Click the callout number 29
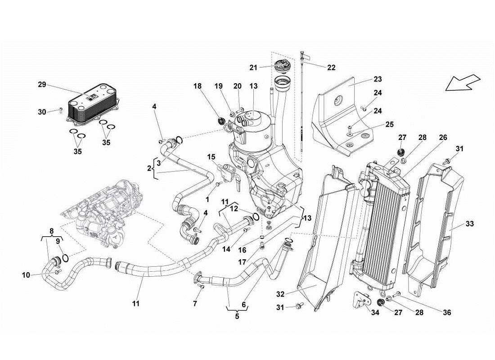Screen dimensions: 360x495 click(42, 85)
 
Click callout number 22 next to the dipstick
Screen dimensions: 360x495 click(331, 67)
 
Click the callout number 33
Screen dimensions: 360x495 click(469, 224)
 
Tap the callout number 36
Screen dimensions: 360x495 click(446, 312)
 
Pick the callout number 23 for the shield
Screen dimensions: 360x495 click(377, 79)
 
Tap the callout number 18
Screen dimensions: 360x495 click(198, 85)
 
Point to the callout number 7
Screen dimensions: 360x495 click(195, 304)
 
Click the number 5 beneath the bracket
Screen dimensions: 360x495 click(237, 316)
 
